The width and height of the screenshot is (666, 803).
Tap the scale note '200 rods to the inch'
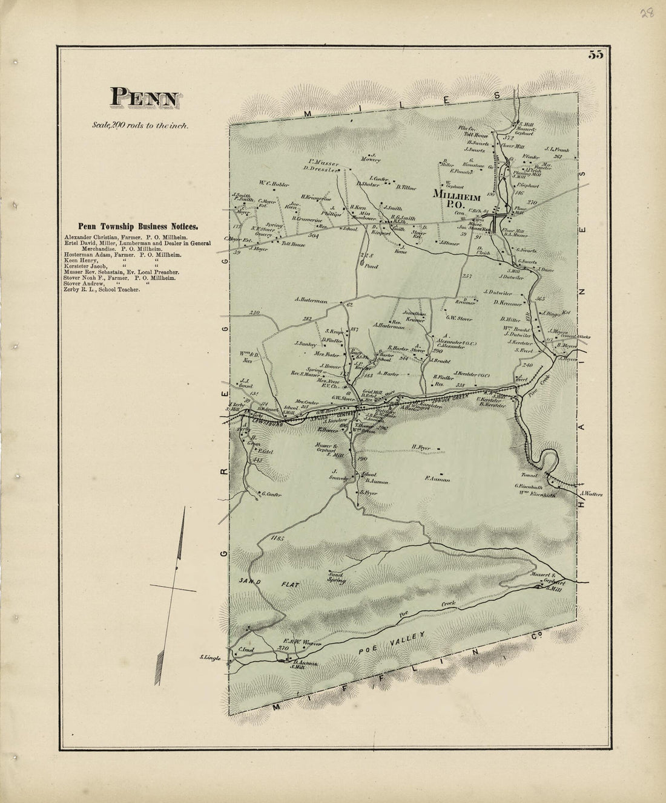tap(140, 126)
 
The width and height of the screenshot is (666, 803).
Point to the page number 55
tap(594, 54)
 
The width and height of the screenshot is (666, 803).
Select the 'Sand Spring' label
tap(336, 577)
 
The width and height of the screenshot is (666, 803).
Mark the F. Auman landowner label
tap(436, 479)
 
